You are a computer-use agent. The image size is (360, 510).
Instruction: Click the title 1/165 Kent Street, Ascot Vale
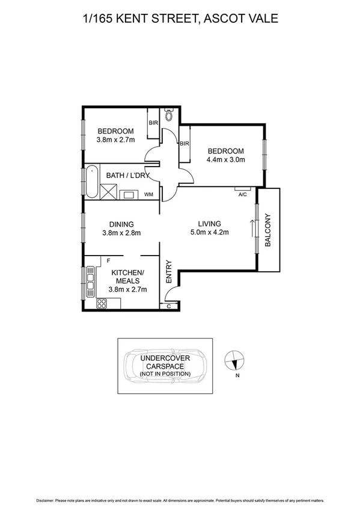click(x=180, y=19)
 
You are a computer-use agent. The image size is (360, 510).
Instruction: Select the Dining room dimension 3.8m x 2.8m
click(x=121, y=233)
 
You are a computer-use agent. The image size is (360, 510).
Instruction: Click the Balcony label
click(x=269, y=230)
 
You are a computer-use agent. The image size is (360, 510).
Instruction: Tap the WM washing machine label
click(x=148, y=194)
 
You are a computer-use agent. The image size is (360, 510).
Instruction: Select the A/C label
click(x=243, y=195)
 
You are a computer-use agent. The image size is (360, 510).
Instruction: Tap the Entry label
click(x=169, y=271)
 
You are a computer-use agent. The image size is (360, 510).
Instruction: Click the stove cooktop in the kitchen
click(x=101, y=304)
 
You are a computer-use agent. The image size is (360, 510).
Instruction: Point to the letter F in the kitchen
click(x=108, y=261)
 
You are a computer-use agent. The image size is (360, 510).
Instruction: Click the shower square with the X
click(x=110, y=193)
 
